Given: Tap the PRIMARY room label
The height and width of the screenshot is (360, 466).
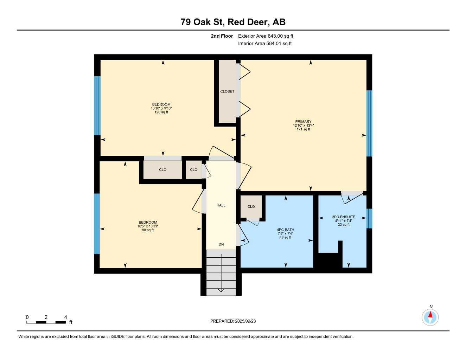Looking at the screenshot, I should [x=303, y=122].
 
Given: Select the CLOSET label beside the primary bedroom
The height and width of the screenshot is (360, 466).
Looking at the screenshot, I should [x=227, y=91].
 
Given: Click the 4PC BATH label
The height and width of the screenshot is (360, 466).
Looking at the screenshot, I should [x=285, y=230].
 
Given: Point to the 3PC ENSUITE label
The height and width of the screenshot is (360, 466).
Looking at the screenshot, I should [x=344, y=217].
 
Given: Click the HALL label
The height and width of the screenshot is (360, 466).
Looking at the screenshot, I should [x=221, y=205].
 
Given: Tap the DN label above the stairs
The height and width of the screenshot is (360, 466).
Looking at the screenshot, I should [x=221, y=245].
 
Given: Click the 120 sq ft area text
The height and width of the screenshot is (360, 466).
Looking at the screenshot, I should [x=161, y=112].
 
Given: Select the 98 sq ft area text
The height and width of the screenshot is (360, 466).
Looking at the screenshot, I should [x=148, y=230].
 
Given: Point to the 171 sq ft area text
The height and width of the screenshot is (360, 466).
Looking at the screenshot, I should [x=303, y=129].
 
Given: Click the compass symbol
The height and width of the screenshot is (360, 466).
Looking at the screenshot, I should [x=430, y=317].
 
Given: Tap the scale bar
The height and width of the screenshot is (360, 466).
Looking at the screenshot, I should [x=46, y=322].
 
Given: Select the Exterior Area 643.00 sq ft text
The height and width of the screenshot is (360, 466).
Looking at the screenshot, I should [x=266, y=36].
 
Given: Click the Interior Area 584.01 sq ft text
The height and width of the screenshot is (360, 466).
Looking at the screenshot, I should [x=265, y=44].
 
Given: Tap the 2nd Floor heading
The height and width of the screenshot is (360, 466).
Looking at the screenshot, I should [x=222, y=36].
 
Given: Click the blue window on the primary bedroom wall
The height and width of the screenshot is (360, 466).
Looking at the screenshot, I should [x=369, y=123].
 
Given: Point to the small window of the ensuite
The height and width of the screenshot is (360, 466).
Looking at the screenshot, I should [x=369, y=219].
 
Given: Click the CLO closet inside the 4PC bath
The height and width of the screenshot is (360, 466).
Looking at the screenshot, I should [x=251, y=207].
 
